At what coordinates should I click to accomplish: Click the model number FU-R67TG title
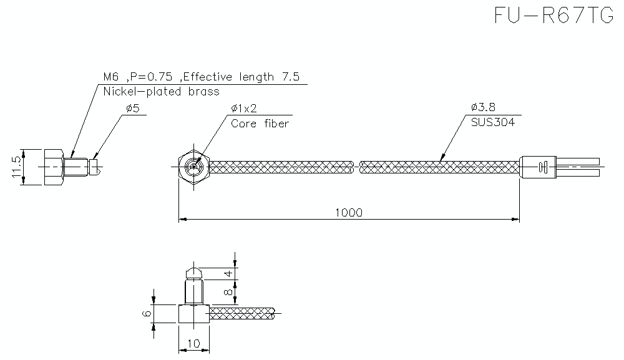[553, 15]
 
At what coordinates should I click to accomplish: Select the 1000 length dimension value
[348, 212]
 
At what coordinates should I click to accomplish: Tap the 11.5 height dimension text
[17, 167]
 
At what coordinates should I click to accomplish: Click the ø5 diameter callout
[132, 108]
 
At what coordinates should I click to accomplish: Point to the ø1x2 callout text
[244, 108]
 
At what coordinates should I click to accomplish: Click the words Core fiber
[260, 124]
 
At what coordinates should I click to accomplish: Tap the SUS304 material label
[493, 123]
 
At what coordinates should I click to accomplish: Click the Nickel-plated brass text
[161, 92]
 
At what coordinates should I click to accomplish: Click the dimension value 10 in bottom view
[193, 344]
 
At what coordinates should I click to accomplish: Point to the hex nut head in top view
[193, 167]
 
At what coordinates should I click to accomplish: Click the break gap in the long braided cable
[356, 167]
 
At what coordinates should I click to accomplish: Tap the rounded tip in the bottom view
[193, 273]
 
